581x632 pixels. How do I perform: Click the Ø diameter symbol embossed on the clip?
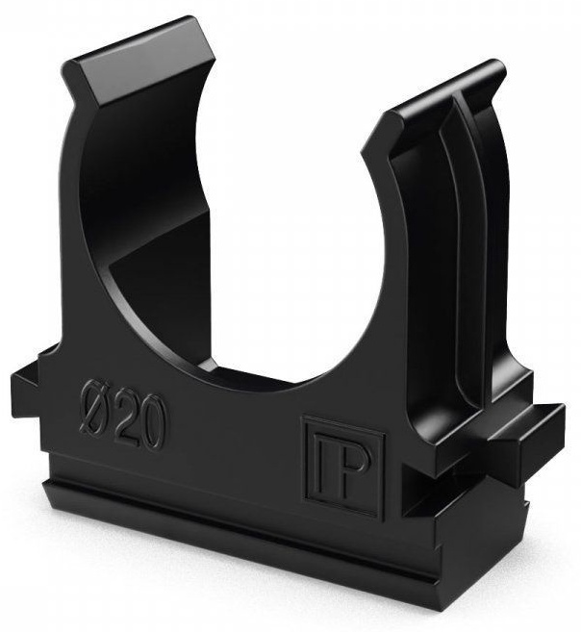(94, 412)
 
